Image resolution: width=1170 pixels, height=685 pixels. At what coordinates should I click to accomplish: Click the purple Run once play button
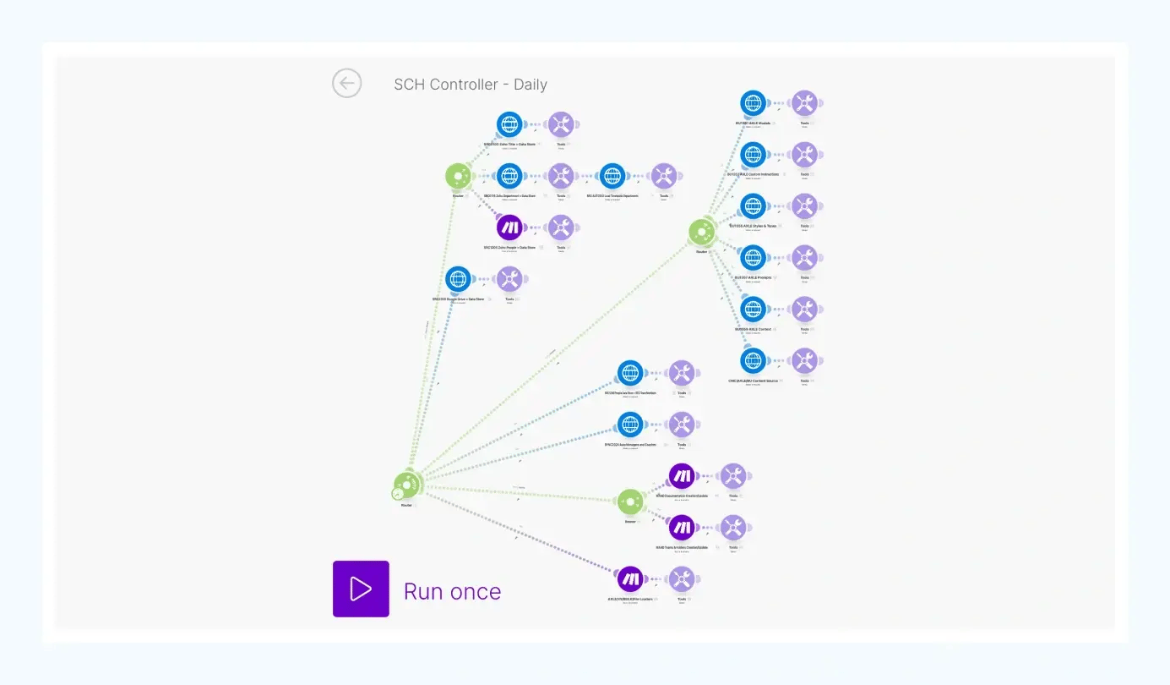click(x=361, y=589)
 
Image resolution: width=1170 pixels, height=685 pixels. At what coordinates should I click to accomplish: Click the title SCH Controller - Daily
click(x=471, y=85)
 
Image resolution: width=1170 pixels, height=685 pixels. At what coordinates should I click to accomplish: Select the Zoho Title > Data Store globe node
click(x=509, y=124)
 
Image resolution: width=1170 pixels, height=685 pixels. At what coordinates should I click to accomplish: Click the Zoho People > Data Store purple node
click(x=509, y=227)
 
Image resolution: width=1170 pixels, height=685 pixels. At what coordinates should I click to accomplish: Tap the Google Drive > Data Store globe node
click(x=458, y=279)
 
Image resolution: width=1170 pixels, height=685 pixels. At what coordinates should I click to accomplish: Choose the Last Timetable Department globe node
click(x=612, y=176)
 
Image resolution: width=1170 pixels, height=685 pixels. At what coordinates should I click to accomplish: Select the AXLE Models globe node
click(x=753, y=103)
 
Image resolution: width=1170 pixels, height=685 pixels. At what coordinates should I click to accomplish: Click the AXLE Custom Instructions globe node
click(x=753, y=155)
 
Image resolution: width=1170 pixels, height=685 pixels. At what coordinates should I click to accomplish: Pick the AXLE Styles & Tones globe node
click(x=753, y=206)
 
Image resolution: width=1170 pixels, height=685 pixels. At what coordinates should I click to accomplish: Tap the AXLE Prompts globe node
click(x=753, y=258)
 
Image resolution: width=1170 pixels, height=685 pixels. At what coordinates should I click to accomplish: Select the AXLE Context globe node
click(x=753, y=310)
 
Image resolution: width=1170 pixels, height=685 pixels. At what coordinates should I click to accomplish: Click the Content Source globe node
click(x=753, y=361)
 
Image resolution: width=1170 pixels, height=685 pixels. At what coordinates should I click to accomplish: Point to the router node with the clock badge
click(x=406, y=485)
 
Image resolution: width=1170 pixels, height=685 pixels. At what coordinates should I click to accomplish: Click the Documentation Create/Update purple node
click(x=681, y=476)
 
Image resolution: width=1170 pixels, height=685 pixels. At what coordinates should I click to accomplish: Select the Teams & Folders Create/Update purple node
click(x=681, y=528)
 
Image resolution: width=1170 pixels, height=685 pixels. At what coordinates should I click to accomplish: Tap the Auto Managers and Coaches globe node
click(x=630, y=425)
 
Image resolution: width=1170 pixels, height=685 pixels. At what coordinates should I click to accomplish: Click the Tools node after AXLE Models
click(x=804, y=103)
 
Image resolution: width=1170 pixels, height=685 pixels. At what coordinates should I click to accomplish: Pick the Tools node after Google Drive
click(x=509, y=279)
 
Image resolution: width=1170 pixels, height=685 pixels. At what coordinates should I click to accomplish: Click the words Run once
click(x=452, y=591)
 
